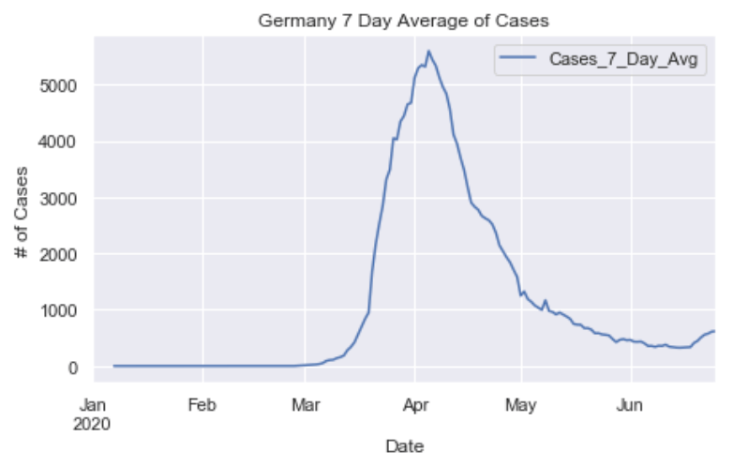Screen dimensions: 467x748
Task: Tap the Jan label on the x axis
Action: [x=92, y=406]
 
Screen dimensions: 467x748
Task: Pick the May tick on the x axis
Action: [x=520, y=406]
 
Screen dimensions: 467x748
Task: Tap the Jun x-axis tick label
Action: [x=630, y=406]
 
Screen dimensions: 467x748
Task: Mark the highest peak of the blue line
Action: [x=428, y=51]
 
